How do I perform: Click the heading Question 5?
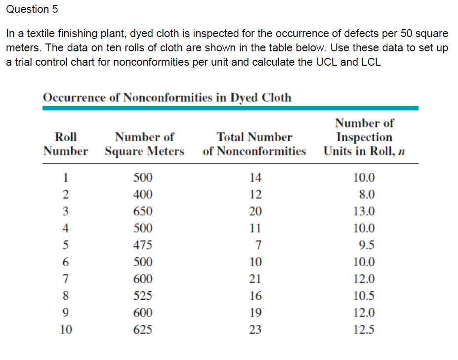click(x=32, y=9)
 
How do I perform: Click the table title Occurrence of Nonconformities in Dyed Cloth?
click(x=167, y=98)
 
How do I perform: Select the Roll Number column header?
click(x=66, y=144)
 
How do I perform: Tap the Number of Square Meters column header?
click(x=145, y=144)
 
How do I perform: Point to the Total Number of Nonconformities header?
click(x=254, y=144)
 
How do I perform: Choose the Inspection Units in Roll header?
click(x=364, y=137)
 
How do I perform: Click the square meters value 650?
click(x=143, y=211)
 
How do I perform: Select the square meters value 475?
click(x=143, y=244)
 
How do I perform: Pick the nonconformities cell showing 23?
click(x=255, y=329)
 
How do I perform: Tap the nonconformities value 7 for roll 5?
click(x=258, y=244)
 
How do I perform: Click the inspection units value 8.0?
click(x=367, y=194)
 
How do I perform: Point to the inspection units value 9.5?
click(x=367, y=244)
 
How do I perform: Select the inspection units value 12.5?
click(x=364, y=329)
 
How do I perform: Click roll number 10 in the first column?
click(x=66, y=329)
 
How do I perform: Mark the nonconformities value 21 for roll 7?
click(x=255, y=279)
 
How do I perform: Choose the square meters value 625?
click(x=143, y=329)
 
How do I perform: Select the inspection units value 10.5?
click(x=364, y=295)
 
